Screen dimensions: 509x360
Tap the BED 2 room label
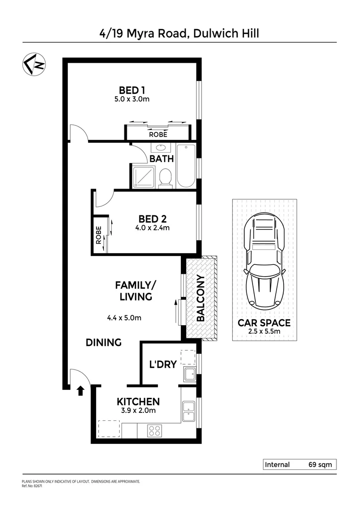153,219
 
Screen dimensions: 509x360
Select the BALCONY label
201,298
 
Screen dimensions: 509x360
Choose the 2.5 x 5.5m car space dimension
264,332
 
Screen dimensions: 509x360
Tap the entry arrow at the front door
80,390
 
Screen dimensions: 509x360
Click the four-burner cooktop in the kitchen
154,430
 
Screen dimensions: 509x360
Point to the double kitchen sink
188,411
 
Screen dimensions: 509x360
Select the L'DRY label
163,364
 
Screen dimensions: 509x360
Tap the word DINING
104,343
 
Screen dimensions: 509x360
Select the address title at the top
180,33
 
